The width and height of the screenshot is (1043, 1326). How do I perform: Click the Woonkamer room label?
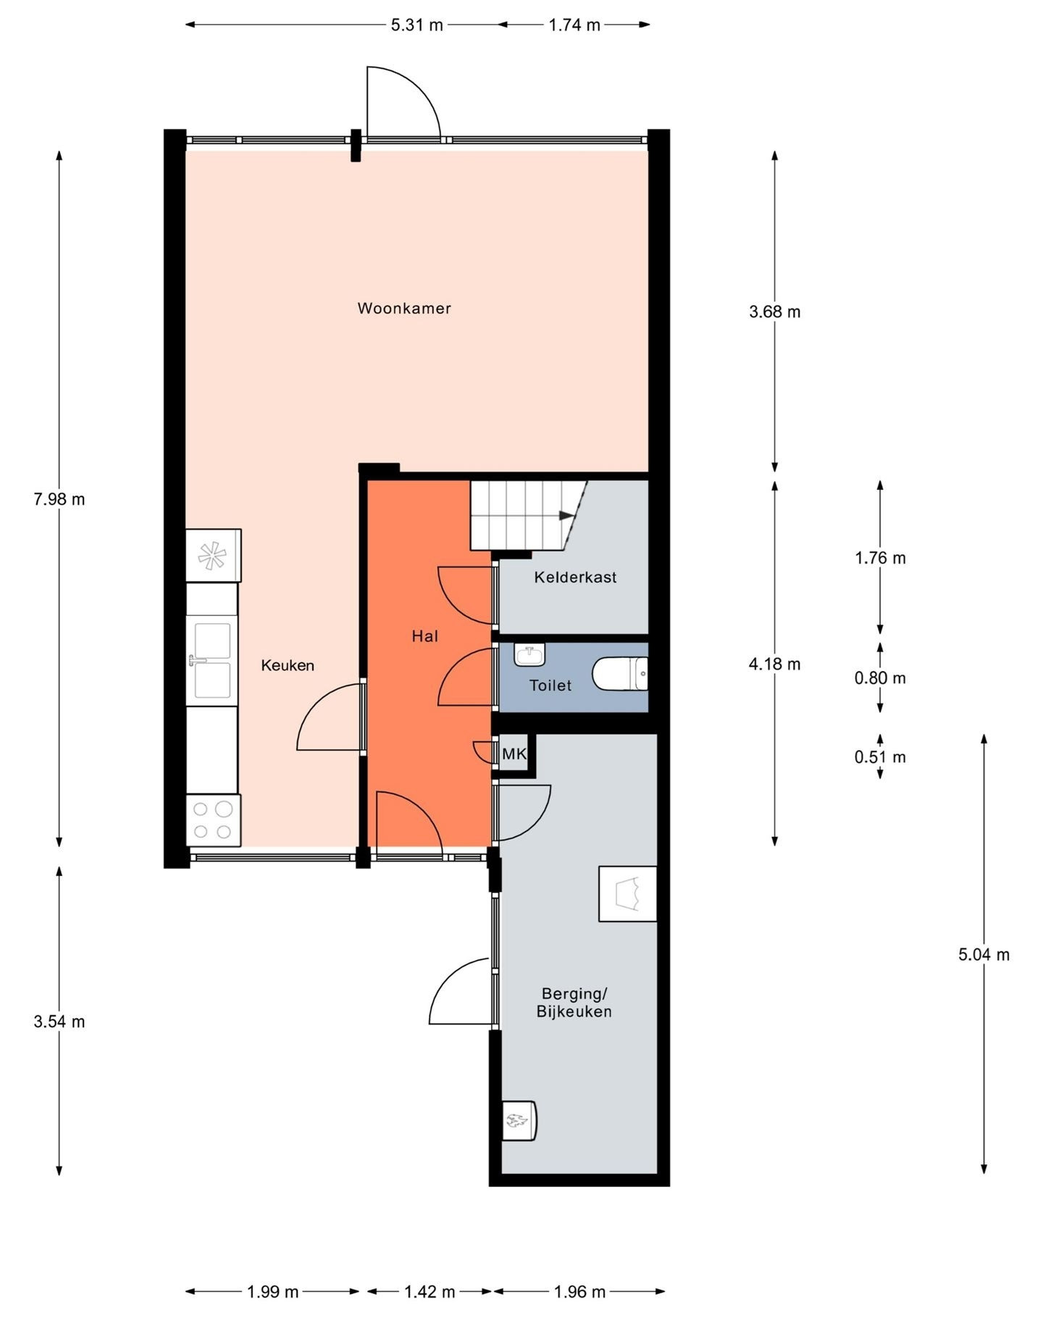404,309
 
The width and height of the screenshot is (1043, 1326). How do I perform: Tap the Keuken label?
288,665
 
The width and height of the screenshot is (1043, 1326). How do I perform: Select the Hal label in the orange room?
425,636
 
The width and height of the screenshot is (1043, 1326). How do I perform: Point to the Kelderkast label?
575,577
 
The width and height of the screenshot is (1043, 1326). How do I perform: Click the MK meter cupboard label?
514,754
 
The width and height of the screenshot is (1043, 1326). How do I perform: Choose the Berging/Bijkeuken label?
574,1002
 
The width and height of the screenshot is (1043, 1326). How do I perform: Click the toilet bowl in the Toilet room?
620,674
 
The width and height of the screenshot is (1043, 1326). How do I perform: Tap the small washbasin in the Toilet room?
529,655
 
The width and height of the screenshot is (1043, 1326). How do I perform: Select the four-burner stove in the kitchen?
213,820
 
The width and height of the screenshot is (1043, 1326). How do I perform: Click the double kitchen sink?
211,661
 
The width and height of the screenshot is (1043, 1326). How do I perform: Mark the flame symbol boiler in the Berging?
519,1121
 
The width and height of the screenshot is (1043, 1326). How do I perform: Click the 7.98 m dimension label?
59,499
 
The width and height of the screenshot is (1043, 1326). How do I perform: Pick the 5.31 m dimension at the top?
416,25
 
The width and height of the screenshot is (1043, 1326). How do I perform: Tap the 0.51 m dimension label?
880,757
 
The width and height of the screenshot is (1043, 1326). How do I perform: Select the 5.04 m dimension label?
984,954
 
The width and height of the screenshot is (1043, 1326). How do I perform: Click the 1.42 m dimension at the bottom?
430,1291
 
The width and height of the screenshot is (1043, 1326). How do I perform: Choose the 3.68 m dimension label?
774,312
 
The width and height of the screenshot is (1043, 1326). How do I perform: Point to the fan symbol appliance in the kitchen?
213,556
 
